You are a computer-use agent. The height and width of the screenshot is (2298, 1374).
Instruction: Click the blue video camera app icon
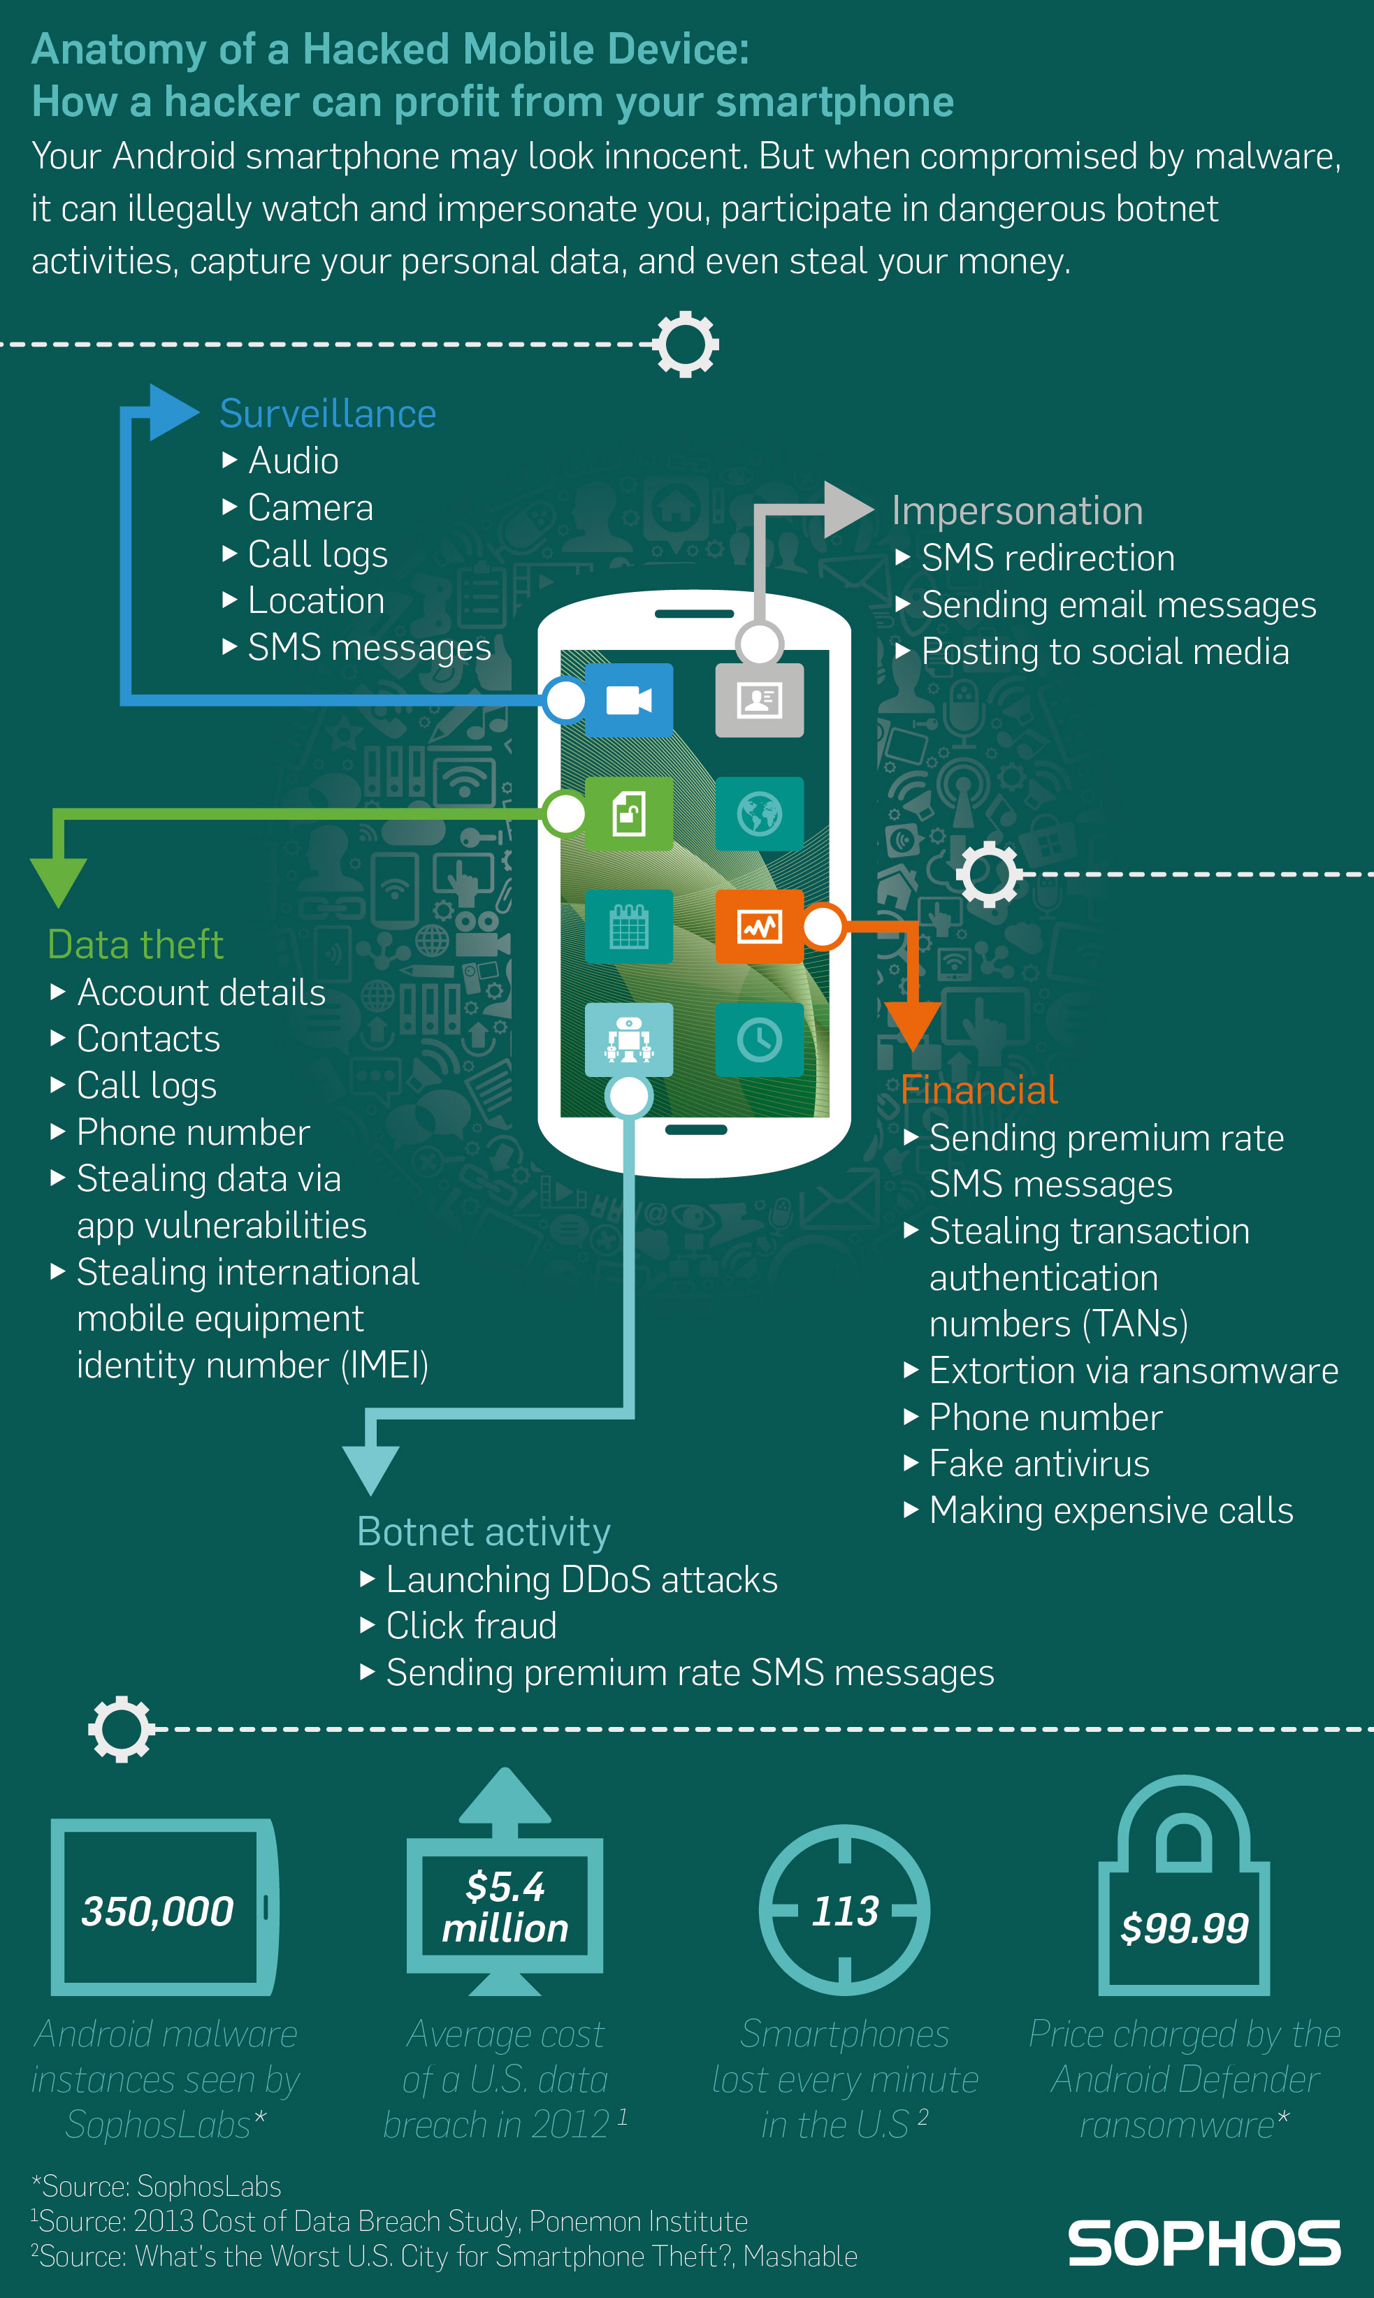pos(629,700)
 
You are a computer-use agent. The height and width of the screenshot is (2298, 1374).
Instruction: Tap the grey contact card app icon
pos(759,700)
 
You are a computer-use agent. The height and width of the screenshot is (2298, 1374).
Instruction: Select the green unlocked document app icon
pos(629,814)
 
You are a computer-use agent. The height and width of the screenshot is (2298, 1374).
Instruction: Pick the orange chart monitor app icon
pos(759,927)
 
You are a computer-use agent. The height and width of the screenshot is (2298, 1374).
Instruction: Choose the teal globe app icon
pos(759,814)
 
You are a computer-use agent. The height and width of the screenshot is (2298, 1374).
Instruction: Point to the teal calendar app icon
pos(629,927)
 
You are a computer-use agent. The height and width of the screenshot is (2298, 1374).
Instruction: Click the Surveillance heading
pos(328,414)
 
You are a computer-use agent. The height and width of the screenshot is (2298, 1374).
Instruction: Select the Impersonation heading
pos(1017,511)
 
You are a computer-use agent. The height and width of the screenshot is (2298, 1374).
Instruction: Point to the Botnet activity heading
pos(484,1532)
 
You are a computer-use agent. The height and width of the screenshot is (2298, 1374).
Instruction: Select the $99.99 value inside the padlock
pos(1184,1928)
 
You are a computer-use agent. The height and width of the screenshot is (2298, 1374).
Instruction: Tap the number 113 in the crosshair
pos(844,1911)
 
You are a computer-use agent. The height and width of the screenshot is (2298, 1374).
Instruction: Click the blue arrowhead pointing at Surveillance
pos(172,412)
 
